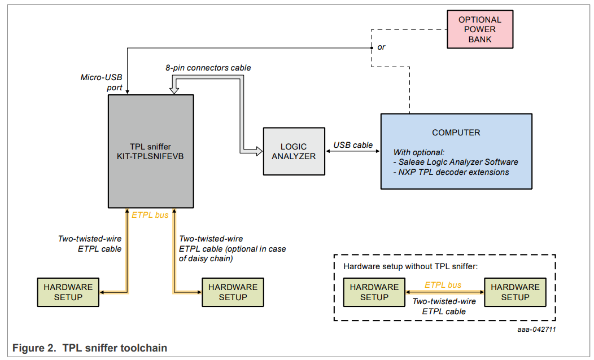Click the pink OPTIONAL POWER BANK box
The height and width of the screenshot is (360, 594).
(479, 29)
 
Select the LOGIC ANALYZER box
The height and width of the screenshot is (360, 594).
(294, 151)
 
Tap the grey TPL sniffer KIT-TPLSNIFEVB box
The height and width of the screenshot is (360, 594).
(151, 151)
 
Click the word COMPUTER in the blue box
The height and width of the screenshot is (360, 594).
(456, 133)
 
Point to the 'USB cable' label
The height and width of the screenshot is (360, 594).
(353, 145)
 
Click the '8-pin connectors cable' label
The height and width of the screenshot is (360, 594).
(208, 68)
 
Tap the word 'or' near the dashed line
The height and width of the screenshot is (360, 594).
(381, 47)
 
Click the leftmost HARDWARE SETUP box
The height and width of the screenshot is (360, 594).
(68, 292)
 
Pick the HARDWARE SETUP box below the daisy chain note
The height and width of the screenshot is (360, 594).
(233, 292)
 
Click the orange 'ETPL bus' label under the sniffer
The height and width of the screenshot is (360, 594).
(150, 215)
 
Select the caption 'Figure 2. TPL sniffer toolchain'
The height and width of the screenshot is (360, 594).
(90, 348)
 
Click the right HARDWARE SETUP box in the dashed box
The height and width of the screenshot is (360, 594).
(515, 292)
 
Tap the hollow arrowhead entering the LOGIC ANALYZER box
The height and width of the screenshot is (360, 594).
(258, 151)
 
